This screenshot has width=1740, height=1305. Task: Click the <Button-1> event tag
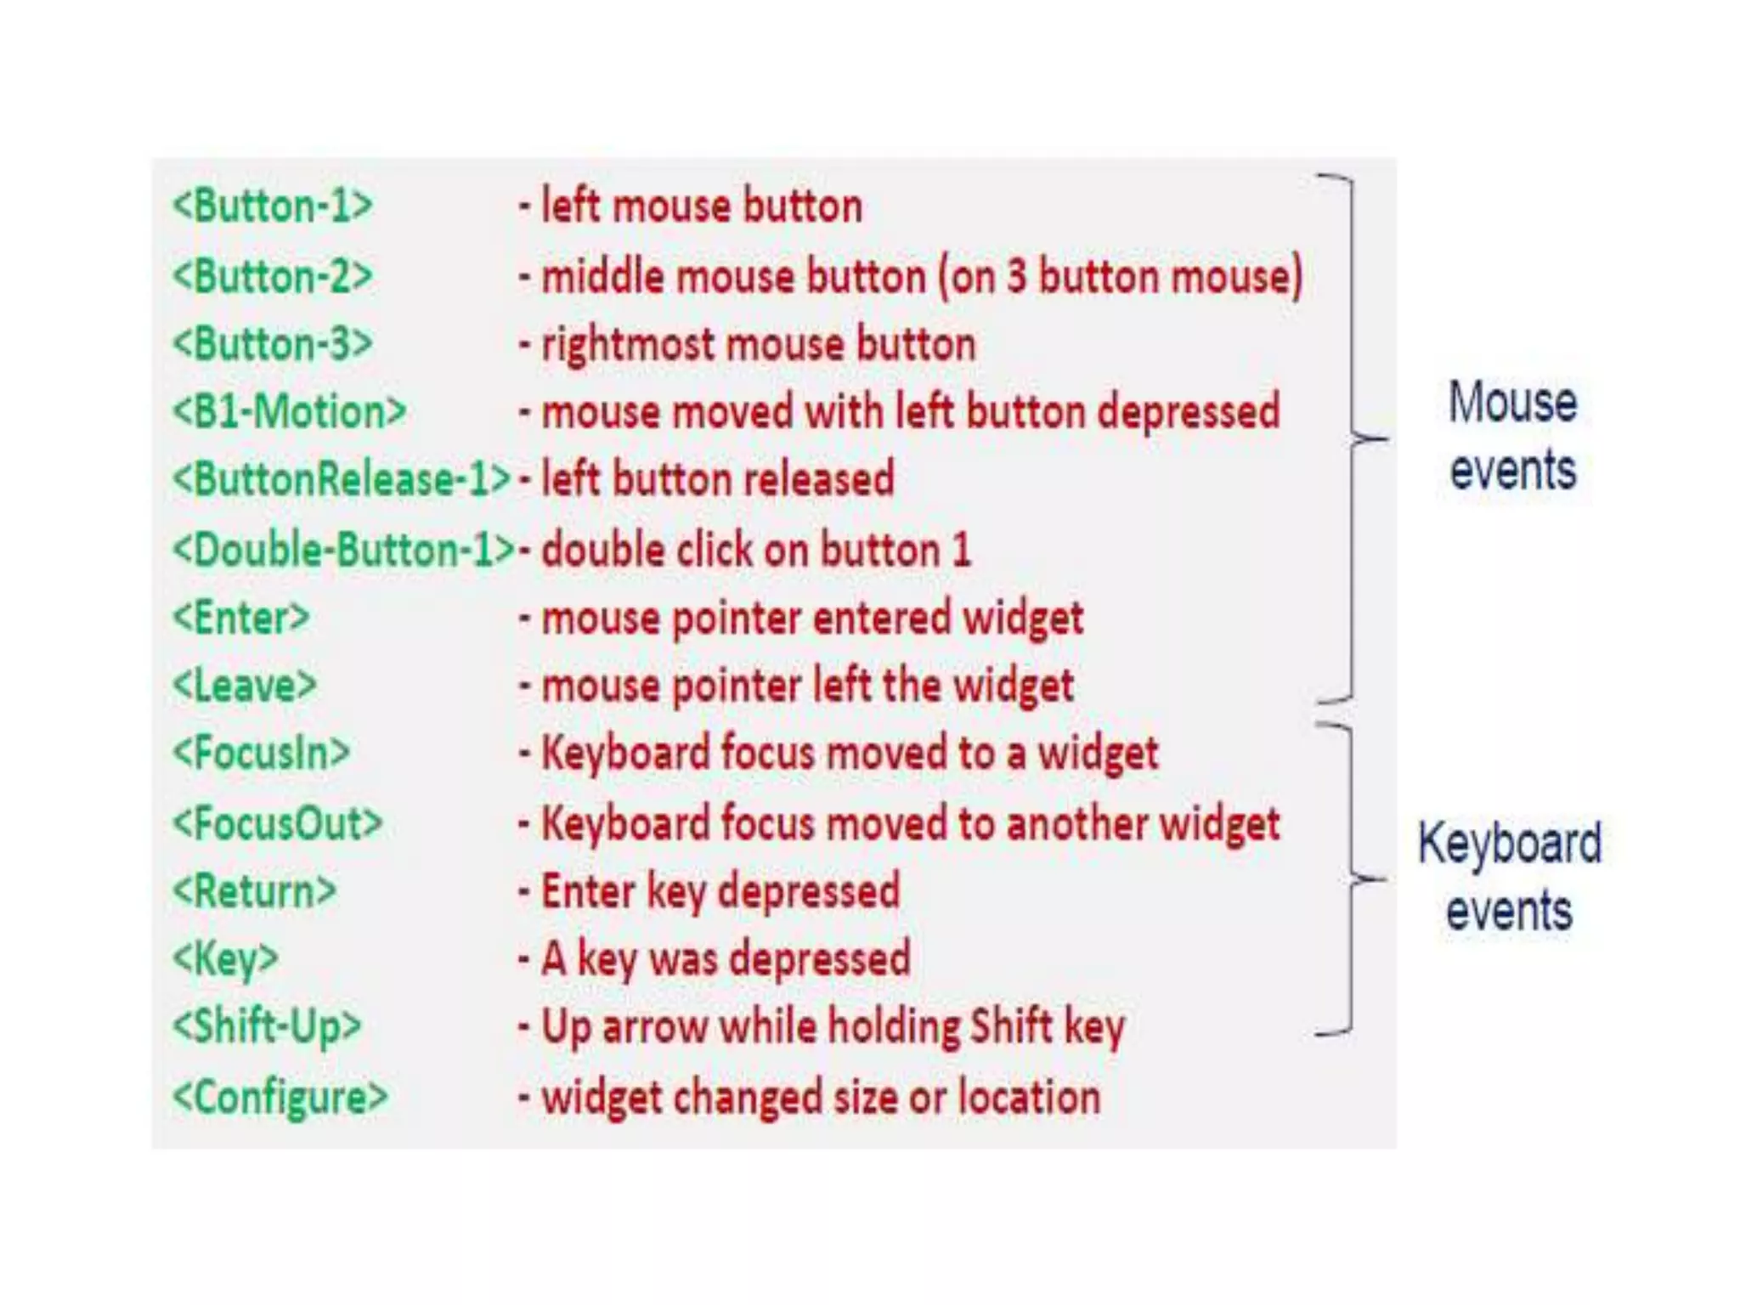[x=272, y=206]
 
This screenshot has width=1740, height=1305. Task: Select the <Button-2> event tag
[x=272, y=277]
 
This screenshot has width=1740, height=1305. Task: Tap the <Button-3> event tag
[x=272, y=345]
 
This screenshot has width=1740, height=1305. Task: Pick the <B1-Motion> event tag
[x=289, y=412]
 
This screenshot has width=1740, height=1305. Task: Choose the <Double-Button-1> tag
[x=343, y=550]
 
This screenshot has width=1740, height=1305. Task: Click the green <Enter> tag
[x=241, y=618]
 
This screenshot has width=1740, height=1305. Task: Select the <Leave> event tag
[x=245, y=686]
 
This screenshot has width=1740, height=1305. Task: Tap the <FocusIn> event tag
[x=261, y=754]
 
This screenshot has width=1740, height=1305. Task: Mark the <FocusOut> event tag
[x=277, y=823]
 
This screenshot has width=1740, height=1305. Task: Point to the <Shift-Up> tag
[x=267, y=1027]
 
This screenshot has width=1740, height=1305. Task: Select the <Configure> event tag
[x=280, y=1097]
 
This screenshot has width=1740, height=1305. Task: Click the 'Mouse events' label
[x=1512, y=436]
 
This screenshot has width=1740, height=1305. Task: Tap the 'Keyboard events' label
[x=1510, y=877]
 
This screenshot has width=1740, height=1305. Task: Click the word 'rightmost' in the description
[x=628, y=346]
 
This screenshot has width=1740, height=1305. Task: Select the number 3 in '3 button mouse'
[x=1016, y=277]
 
